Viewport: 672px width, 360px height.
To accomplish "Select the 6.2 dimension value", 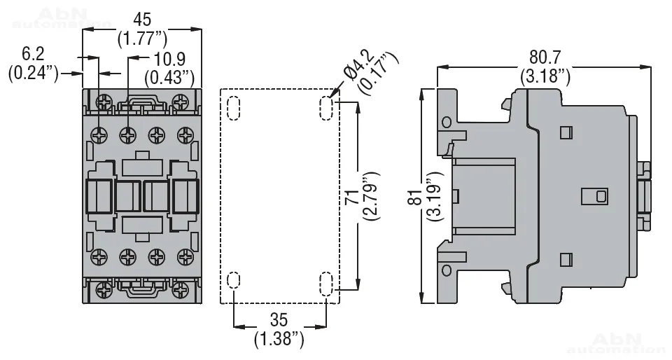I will (x=33, y=53).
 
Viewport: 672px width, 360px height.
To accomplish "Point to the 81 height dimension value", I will (x=412, y=197).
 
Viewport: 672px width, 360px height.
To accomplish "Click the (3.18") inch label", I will (x=545, y=75).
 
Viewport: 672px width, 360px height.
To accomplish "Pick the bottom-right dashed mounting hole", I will (x=326, y=284).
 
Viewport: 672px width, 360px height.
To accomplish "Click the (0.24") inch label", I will (x=33, y=72).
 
